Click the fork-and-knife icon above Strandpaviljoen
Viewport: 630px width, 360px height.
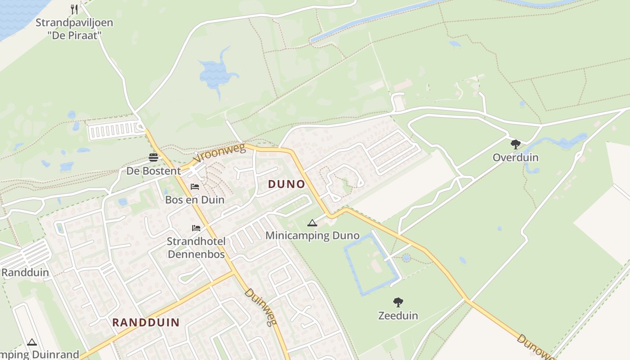75,9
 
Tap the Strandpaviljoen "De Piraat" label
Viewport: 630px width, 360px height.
74,29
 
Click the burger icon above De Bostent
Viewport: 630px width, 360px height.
154,157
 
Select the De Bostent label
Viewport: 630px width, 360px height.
153,171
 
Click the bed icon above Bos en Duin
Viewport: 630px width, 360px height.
195,187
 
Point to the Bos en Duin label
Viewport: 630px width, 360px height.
195,200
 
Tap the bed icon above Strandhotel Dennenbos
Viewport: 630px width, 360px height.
196,228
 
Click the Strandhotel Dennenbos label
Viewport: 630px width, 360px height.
196,247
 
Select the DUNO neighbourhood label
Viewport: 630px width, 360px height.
287,184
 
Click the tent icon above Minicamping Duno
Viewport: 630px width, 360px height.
312,223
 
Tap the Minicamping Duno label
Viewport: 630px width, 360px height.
312,235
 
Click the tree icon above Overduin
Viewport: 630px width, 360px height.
516,144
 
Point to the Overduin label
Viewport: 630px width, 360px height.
516,157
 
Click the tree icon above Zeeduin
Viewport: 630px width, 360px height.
398,302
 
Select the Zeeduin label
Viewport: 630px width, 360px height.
398,315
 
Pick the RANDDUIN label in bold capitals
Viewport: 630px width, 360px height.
146,322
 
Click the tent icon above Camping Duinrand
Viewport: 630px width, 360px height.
31,342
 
